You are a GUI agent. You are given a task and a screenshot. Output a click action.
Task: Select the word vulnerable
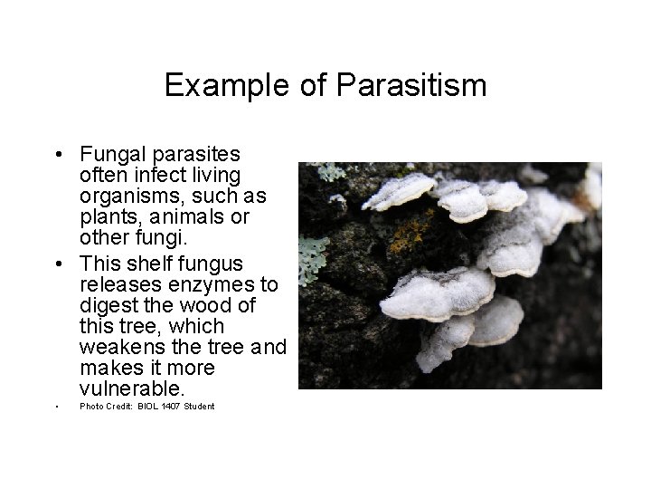click(x=131, y=389)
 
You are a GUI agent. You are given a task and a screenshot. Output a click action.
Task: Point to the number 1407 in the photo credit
click(x=171, y=407)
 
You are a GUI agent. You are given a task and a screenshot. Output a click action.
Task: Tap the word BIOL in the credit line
click(x=148, y=407)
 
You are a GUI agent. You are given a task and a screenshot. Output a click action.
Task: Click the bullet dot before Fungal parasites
click(x=57, y=154)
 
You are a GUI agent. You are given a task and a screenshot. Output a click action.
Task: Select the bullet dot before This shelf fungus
click(x=57, y=264)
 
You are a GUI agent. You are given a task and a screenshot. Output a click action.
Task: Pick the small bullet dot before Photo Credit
click(x=57, y=407)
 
